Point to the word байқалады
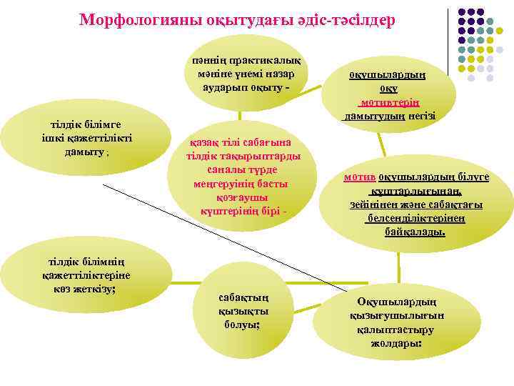(415, 232)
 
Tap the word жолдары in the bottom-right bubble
(395, 343)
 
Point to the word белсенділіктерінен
(415, 218)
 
